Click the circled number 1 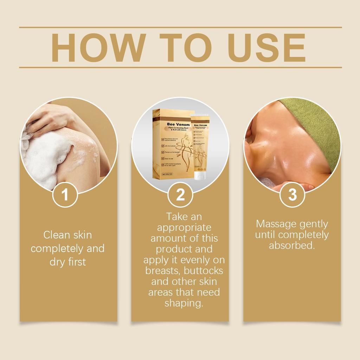click(x=65, y=195)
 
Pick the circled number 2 click(x=180, y=195)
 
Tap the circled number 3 click(x=292, y=195)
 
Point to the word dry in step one click(x=58, y=262)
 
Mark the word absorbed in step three click(x=291, y=245)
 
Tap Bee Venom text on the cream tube click(x=200, y=125)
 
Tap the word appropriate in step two click(x=184, y=227)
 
